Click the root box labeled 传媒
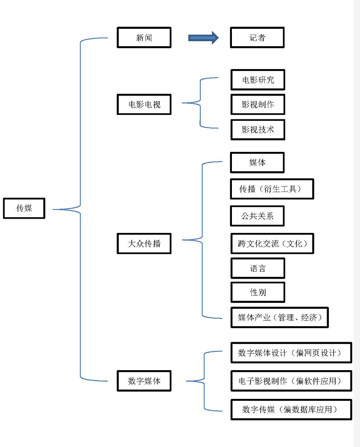coord(24,208)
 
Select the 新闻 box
coord(144,38)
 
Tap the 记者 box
coord(257,38)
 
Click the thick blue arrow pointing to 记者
coord(203,38)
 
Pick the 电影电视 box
coord(144,104)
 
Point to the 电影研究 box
coord(258,80)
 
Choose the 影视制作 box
coord(258,104)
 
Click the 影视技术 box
coord(258,129)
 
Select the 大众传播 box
coord(144,243)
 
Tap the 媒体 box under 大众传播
coord(257,162)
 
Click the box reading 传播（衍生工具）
coord(272,189)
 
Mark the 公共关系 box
coord(257,216)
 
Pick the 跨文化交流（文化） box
coord(273,243)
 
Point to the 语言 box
coord(258,269)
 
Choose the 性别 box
coord(258,292)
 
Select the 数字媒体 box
coord(144,381)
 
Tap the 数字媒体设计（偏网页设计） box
coord(291,353)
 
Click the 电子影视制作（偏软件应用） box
coord(291,381)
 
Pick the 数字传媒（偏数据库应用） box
coord(291,409)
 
